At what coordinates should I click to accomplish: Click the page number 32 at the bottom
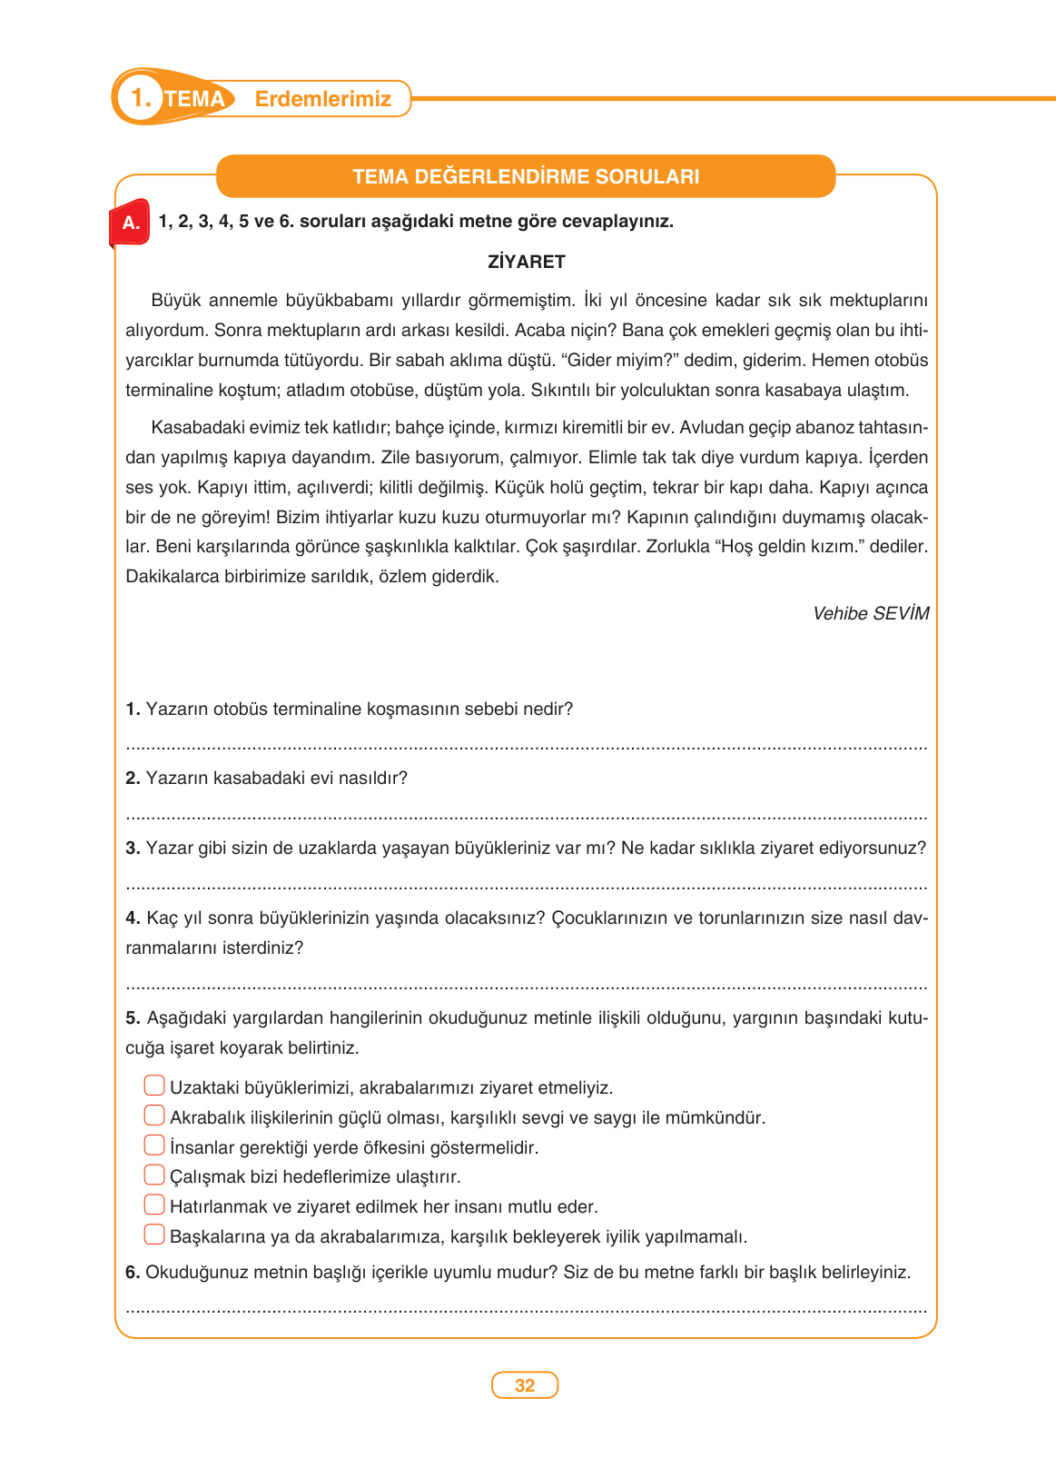click(x=525, y=1385)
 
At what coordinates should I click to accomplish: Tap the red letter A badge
click(x=131, y=222)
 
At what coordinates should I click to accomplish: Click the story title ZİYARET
click(x=527, y=262)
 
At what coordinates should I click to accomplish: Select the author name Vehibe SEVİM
click(x=870, y=613)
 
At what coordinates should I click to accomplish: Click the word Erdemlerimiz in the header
click(x=322, y=99)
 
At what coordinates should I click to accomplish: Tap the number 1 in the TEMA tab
click(x=140, y=98)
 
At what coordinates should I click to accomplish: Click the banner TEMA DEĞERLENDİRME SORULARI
click(x=526, y=176)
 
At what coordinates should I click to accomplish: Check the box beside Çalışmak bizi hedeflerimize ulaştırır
click(x=154, y=1175)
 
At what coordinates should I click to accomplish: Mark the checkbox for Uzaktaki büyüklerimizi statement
click(x=154, y=1086)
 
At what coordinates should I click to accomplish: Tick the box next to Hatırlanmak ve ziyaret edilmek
click(x=154, y=1205)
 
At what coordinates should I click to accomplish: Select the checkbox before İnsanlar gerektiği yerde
click(x=154, y=1146)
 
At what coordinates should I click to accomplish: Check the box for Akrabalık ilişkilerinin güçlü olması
click(x=154, y=1116)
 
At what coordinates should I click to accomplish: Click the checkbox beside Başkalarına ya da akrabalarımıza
click(x=154, y=1235)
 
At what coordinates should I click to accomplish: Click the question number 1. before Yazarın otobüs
click(x=133, y=709)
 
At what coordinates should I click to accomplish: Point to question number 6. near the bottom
click(x=133, y=1272)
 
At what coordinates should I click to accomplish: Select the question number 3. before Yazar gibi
click(x=133, y=848)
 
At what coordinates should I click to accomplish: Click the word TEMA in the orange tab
click(x=194, y=99)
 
